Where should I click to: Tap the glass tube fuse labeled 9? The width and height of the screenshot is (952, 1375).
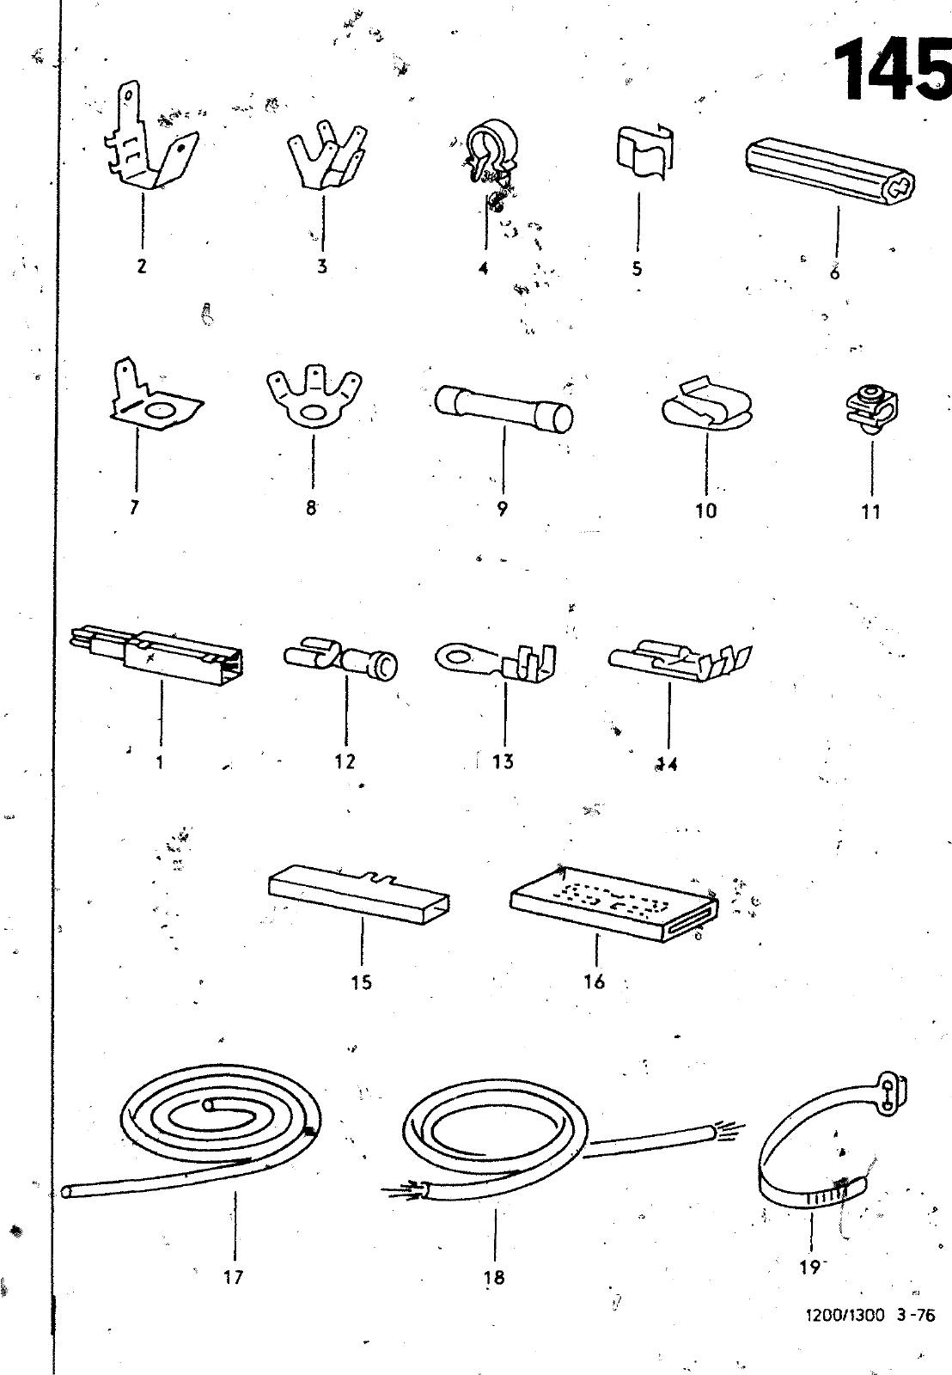503,409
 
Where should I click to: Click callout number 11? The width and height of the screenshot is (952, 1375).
870,511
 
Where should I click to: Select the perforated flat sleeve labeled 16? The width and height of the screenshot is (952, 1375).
613,903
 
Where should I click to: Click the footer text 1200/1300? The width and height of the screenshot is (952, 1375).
845,1316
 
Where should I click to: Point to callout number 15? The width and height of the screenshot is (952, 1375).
361,983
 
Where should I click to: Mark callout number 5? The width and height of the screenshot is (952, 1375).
638,268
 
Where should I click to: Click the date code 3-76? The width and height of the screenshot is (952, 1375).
916,1316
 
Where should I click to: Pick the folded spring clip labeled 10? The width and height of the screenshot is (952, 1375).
707,406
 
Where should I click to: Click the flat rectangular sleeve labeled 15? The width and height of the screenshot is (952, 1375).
359,894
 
